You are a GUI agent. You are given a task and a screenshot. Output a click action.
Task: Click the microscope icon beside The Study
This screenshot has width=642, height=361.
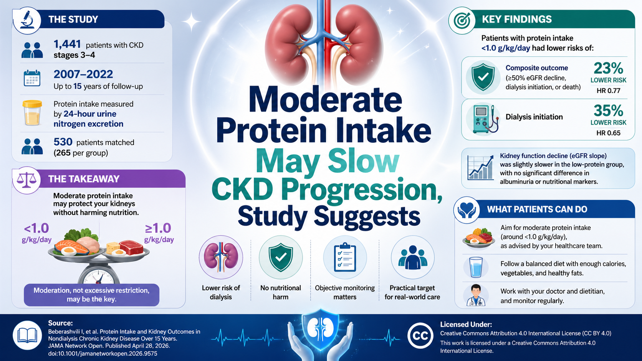[x=27, y=20]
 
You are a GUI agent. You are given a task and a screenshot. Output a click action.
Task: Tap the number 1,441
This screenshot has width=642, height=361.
[x=67, y=45]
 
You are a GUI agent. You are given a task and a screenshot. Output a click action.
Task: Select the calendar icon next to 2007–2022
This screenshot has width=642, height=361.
[x=32, y=78]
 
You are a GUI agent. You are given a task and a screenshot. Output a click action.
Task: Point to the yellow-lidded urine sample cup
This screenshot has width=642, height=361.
[x=32, y=113]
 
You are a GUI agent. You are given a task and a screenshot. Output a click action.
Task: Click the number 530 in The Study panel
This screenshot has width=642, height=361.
[x=63, y=142]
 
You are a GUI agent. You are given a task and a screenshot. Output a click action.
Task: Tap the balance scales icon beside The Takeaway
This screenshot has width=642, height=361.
[x=26, y=180]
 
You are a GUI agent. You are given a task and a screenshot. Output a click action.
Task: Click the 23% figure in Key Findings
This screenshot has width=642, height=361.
[x=608, y=68]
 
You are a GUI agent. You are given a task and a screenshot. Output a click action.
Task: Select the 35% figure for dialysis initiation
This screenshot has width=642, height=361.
[x=608, y=110]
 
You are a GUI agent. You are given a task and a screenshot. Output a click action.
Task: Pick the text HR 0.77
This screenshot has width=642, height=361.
[x=609, y=91]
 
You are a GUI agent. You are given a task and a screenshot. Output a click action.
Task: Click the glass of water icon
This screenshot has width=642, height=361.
[x=476, y=267]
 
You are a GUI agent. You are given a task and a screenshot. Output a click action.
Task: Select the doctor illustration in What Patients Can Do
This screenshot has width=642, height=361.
[x=476, y=295]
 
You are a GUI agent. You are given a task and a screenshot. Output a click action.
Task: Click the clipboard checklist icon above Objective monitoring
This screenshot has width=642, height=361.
[x=345, y=257]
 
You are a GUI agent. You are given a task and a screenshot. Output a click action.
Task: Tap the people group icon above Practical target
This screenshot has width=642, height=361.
[x=412, y=257]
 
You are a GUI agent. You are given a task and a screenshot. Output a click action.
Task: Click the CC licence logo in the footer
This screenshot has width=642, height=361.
[x=420, y=336]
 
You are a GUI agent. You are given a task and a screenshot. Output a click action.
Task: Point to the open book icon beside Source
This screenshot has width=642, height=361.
[x=27, y=335]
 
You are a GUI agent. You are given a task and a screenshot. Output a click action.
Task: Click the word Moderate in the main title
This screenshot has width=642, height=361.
[x=325, y=100]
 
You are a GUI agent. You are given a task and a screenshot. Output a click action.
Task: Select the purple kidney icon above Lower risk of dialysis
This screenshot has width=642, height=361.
[x=221, y=257]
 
